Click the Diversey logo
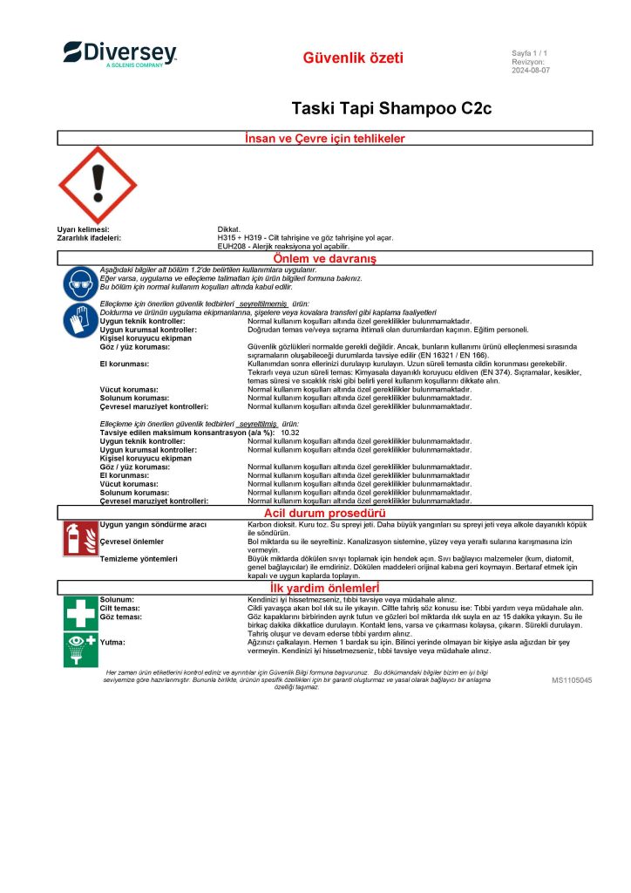pyautogui.click(x=119, y=54)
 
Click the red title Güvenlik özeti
pyautogui.click(x=353, y=58)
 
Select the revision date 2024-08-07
pyautogui.click(x=531, y=70)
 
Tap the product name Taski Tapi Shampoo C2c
pyautogui.click(x=391, y=108)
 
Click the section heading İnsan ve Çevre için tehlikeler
pyautogui.click(x=324, y=139)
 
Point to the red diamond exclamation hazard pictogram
pyautogui.click(x=98, y=184)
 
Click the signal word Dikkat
pyautogui.click(x=228, y=229)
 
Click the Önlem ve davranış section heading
pyautogui.click(x=324, y=259)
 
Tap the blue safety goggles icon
pyautogui.click(x=80, y=283)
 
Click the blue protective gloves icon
pyautogui.click(x=80, y=321)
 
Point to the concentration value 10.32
pyautogui.click(x=289, y=433)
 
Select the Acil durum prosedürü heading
pyautogui.click(x=324, y=513)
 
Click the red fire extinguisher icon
pyautogui.click(x=80, y=539)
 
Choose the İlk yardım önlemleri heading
pyautogui.click(x=324, y=588)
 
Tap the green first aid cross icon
pyautogui.click(x=80, y=612)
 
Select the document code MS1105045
pyautogui.click(x=572, y=679)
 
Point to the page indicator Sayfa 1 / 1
pyautogui.click(x=529, y=54)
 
